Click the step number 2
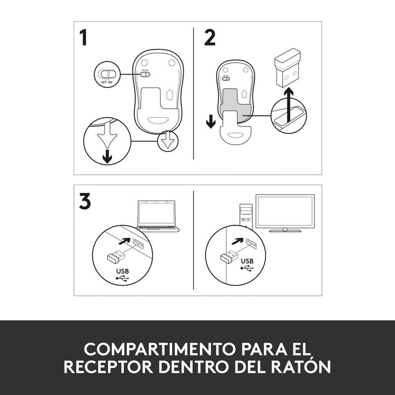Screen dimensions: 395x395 [209, 38]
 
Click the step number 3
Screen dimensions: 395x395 [84, 201]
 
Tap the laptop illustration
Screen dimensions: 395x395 [157, 216]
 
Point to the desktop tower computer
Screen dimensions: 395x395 [246, 216]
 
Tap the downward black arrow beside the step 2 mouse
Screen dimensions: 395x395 [211, 121]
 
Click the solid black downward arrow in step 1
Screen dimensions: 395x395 [107, 157]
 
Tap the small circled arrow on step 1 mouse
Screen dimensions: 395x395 [168, 141]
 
